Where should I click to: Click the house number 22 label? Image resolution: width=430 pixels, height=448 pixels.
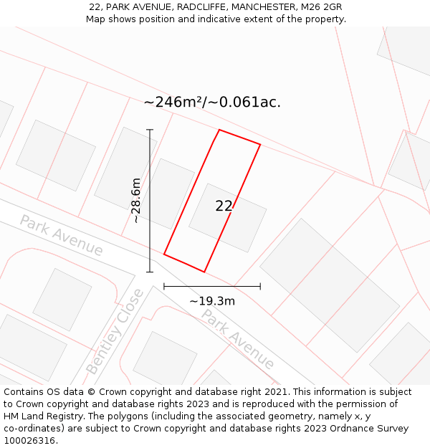224,206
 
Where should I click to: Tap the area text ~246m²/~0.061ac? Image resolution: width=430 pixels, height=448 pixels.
212,102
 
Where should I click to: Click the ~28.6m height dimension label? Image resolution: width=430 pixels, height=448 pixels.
135,201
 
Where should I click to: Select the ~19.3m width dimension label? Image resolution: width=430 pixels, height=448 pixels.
212,301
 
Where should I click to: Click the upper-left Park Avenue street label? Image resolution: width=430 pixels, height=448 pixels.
62,235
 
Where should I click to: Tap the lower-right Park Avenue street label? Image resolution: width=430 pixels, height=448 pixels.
237,338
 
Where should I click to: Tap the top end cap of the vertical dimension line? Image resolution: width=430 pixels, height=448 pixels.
150,130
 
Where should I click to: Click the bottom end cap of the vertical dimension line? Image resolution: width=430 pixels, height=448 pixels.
150,272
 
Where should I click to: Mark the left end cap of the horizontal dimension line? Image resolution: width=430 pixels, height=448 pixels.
164,286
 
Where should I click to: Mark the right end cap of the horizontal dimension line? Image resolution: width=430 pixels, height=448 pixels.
260,286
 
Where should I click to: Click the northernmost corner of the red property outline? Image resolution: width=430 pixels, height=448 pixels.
219,130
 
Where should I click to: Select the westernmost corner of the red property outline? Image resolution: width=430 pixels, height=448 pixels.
164,254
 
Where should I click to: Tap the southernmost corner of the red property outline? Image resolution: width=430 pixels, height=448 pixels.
205,272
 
